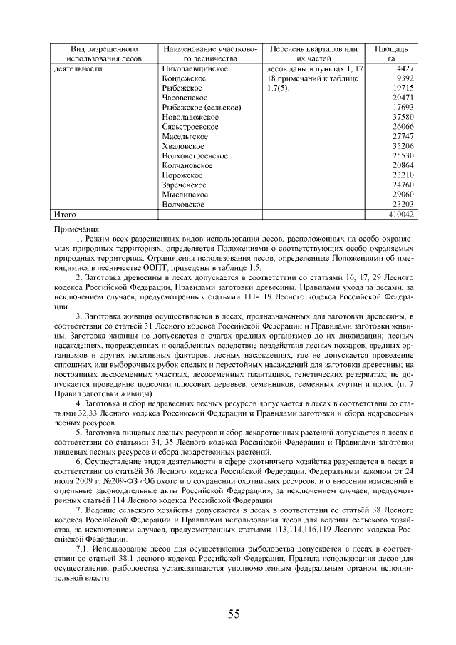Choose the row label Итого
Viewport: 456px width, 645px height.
pyautogui.click(x=66, y=214)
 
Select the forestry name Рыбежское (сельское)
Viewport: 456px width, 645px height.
pyautogui.click(x=202, y=107)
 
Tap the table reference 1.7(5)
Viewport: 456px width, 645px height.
pyautogui.click(x=274, y=88)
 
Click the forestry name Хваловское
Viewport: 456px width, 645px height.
pyautogui.click(x=182, y=145)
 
